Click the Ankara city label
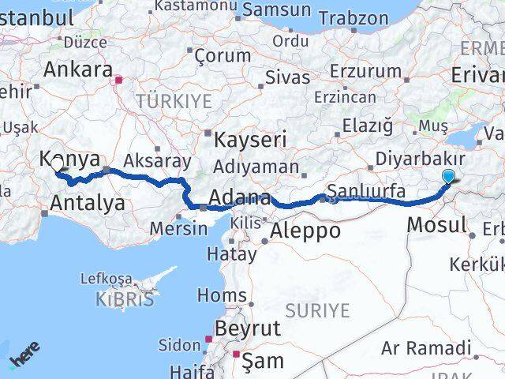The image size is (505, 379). click(77, 69)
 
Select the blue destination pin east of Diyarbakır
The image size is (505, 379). click(449, 178)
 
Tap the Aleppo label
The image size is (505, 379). click(305, 231)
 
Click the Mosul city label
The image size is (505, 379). click(437, 225)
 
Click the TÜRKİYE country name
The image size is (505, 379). click(174, 101)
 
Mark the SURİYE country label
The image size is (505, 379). click(316, 310)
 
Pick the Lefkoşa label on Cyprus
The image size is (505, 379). click(104, 278)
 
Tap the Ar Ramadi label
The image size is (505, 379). click(426, 347)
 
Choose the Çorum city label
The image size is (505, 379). click(222, 55)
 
